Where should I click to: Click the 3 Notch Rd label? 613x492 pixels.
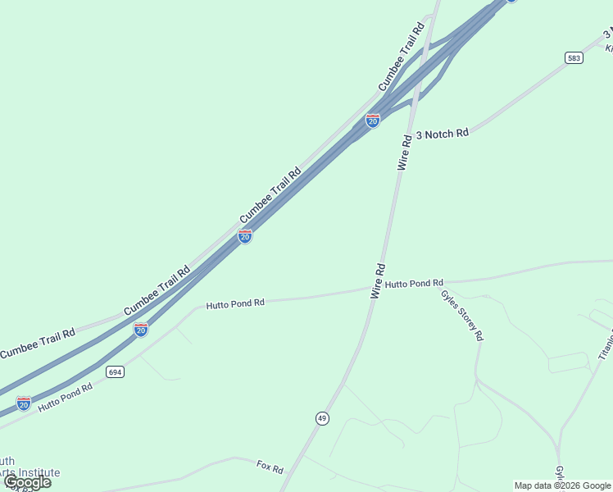443,134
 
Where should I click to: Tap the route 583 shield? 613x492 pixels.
574,57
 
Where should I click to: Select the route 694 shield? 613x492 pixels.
115,372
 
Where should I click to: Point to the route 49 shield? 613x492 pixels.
322,418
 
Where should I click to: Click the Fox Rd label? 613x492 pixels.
270,468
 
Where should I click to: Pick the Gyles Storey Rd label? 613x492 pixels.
462,316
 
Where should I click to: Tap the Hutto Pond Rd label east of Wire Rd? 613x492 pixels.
414,284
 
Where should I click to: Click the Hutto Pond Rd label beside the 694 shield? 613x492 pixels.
65,399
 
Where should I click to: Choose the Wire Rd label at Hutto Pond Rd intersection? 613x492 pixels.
378,280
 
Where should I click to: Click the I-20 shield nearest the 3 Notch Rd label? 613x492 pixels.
373,121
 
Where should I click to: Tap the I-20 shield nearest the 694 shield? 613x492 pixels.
141,330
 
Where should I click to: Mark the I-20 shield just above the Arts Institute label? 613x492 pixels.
24,403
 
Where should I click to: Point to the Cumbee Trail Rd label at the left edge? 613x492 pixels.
38,344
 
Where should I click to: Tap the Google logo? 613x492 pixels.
27,482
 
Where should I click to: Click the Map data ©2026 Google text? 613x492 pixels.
562,485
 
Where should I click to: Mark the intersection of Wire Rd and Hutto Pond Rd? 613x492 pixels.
370,288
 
